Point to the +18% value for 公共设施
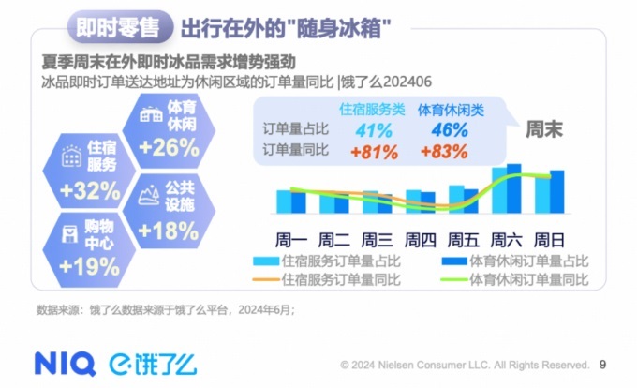(168, 230)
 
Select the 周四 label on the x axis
(421, 237)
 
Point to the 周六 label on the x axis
(507, 237)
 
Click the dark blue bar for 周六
(513, 189)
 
